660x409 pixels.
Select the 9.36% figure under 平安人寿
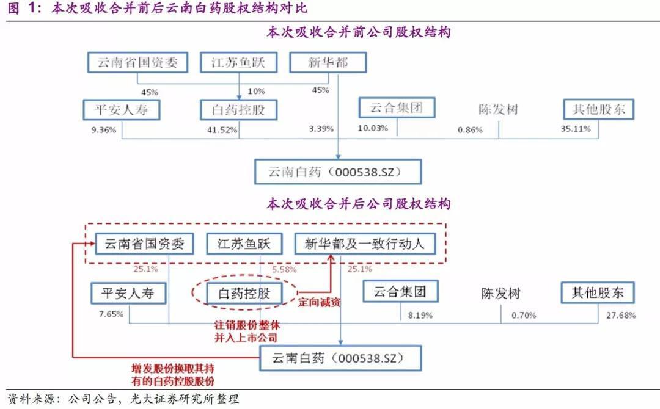[103, 129]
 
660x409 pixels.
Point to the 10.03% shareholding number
[372, 128]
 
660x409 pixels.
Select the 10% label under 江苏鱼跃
[256, 92]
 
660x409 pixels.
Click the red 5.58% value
[284, 269]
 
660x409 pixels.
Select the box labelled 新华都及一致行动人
[365, 245]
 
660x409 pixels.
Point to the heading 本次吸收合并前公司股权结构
[359, 32]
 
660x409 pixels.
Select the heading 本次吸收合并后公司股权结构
[359, 204]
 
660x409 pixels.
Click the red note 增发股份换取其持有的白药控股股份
[173, 375]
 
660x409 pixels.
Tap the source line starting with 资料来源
[123, 399]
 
